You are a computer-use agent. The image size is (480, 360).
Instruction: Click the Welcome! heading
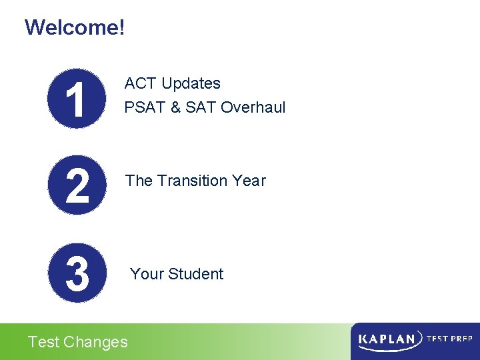74,27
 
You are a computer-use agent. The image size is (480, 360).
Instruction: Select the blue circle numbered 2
77,185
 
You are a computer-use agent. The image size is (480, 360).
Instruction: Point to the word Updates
191,83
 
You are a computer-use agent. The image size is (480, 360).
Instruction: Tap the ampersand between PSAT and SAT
176,107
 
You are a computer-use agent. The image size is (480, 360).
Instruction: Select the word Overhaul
253,107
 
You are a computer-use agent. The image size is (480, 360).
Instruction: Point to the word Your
146,274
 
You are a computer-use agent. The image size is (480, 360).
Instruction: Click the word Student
195,274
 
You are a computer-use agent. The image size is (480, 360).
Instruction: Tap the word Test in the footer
43,342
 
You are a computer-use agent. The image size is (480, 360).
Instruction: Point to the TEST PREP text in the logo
449,339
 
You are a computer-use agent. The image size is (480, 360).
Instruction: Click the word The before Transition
139,181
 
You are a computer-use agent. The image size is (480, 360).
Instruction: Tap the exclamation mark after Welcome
121,27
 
